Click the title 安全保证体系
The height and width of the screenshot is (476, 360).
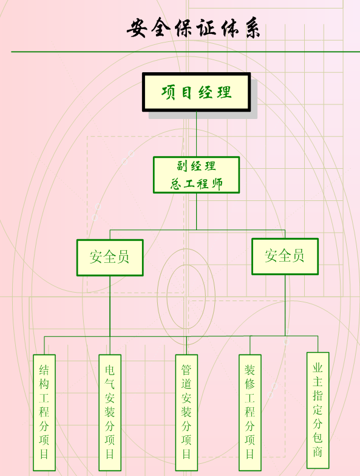[193, 28]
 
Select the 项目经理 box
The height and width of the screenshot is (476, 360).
[197, 92]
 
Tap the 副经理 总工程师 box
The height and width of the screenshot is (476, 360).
[197, 175]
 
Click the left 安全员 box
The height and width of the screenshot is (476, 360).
[110, 257]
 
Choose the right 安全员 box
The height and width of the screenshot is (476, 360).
[285, 256]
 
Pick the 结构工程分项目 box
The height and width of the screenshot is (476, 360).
[44, 413]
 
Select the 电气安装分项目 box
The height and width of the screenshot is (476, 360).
[110, 413]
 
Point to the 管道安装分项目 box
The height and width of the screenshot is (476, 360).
[186, 413]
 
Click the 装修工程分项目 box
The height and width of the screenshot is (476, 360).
[250, 413]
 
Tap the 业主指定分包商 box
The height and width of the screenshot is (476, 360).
[318, 410]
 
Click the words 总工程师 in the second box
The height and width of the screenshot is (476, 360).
[197, 183]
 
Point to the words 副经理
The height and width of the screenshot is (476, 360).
[197, 166]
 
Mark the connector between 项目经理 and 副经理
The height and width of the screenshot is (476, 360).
[197, 134]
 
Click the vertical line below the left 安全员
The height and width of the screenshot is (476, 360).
[110, 315]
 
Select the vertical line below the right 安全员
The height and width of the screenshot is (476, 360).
[285, 305]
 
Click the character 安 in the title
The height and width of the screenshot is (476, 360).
[137, 28]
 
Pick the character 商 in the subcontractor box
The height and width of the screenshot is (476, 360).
[318, 452]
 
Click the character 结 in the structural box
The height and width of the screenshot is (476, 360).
[44, 369]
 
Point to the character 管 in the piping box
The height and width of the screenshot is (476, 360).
[186, 369]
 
